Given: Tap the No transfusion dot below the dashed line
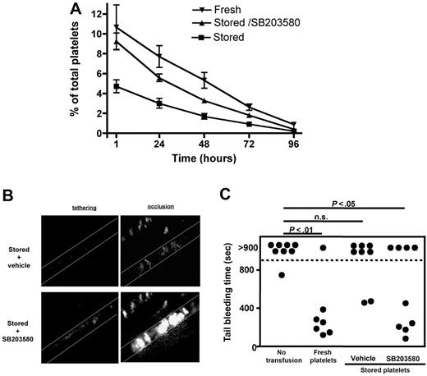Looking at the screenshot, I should [281, 275].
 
